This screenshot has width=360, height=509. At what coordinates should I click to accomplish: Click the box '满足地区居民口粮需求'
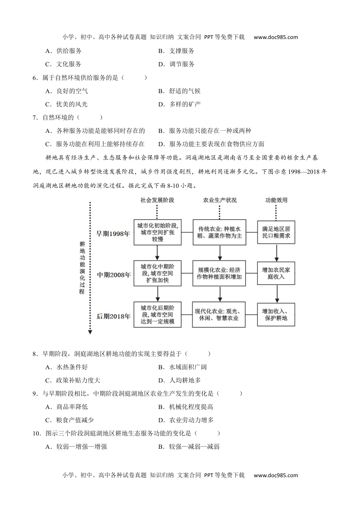click(x=276, y=232)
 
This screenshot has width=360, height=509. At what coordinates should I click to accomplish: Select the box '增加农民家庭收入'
click(x=276, y=273)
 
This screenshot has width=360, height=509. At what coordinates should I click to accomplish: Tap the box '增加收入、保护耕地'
click(x=276, y=315)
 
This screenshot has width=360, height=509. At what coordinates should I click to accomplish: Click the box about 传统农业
click(x=219, y=232)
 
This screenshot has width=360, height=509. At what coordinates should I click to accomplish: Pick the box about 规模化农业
click(x=219, y=273)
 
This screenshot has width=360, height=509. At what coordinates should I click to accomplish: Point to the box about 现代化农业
click(x=219, y=315)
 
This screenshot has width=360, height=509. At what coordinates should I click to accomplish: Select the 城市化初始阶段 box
click(x=157, y=232)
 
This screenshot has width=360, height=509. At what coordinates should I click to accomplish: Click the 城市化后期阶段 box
click(x=157, y=315)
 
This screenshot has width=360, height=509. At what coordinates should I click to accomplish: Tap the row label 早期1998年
click(x=113, y=234)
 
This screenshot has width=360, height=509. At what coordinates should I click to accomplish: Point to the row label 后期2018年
click(x=113, y=316)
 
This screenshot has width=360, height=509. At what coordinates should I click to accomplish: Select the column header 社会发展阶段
click(x=157, y=200)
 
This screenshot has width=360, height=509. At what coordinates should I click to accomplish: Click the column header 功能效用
click(x=276, y=200)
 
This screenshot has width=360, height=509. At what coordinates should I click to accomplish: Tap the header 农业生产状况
click(x=220, y=200)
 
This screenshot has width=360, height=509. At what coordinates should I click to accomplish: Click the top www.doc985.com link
click(x=275, y=37)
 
